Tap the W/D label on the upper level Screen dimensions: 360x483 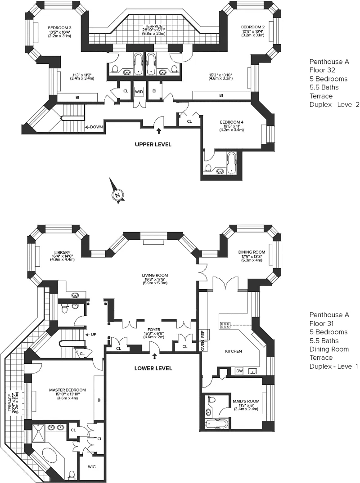click(x=139, y=92)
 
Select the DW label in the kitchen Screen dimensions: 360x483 click(x=239, y=371)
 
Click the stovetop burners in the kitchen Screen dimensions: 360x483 click(x=225, y=325)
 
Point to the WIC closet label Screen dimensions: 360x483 click(x=91, y=467)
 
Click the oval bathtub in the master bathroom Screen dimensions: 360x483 click(x=50, y=454)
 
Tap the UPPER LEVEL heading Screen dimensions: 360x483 click(x=153, y=144)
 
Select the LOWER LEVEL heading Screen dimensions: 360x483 click(x=153, y=368)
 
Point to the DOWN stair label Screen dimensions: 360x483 click(x=96, y=127)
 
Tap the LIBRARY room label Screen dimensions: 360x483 click(x=62, y=253)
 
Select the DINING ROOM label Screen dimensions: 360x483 click(x=252, y=252)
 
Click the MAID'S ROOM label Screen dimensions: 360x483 click(x=246, y=401)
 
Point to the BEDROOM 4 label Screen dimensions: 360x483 click(x=231, y=122)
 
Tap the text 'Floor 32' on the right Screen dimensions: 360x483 click(x=322, y=70)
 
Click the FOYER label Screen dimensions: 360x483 click(x=153, y=330)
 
